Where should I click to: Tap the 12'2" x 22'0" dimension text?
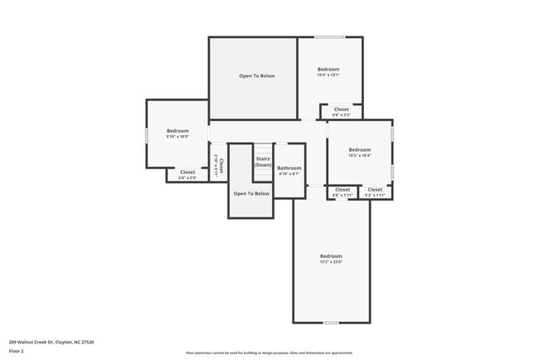[331, 262]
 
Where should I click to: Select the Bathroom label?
[289, 168]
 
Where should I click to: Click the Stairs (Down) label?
[263, 161]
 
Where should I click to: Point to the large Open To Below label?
[256, 76]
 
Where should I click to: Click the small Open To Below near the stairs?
[251, 193]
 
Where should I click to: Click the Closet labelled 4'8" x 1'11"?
[343, 190]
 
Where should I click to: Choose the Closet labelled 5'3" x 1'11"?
[375, 190]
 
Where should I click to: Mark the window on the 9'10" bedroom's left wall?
[148, 134]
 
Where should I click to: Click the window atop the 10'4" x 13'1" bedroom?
[329, 37]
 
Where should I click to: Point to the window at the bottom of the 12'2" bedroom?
[331, 322]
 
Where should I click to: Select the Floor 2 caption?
[17, 351]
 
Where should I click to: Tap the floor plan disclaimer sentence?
[269, 353]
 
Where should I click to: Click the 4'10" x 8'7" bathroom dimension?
[289, 174]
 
